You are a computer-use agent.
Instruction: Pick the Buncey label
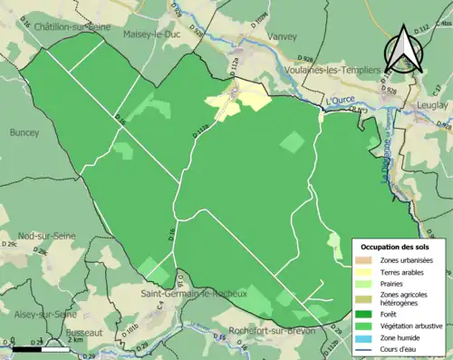(x=24, y=132)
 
